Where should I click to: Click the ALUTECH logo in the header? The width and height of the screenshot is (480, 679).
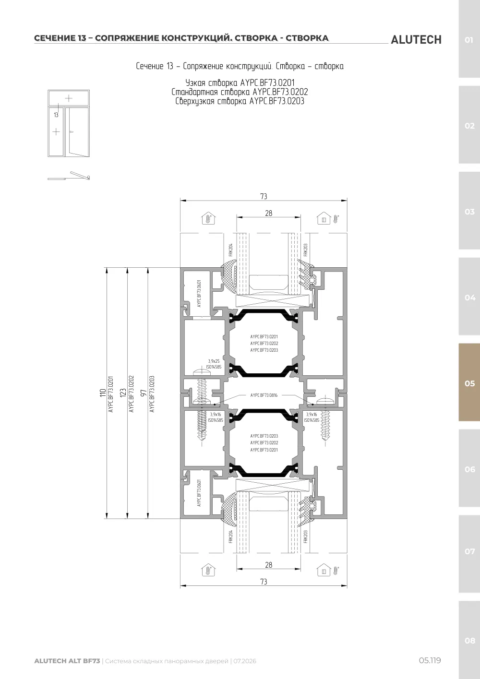click(x=416, y=40)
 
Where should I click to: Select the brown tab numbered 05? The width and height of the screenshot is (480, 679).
click(x=469, y=382)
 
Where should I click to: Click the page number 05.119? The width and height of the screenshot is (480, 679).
click(x=430, y=660)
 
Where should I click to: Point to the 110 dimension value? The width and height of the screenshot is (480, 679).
click(x=103, y=393)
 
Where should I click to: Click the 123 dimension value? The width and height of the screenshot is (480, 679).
click(x=123, y=393)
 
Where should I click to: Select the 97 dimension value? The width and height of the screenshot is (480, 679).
click(x=144, y=393)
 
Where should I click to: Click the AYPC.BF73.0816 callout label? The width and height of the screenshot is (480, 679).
click(x=264, y=395)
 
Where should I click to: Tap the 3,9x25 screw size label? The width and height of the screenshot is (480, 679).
click(x=214, y=361)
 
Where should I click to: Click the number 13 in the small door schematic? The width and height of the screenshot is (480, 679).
click(x=56, y=115)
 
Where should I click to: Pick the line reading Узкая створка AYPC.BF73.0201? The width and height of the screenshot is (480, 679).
click(x=240, y=83)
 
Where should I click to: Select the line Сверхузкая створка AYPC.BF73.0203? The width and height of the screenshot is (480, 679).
click(x=240, y=101)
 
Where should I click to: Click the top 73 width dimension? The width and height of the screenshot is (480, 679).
click(x=264, y=196)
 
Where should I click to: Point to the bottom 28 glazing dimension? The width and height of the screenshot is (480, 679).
click(x=269, y=565)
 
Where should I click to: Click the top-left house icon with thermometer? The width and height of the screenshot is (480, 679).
click(x=208, y=218)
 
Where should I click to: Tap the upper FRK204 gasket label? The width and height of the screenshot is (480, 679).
click(x=231, y=250)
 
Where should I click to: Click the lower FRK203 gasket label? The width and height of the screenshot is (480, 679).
click(x=306, y=537)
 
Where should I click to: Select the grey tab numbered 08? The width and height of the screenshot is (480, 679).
click(x=469, y=640)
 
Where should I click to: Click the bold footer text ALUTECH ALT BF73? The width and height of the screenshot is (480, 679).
click(x=67, y=661)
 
